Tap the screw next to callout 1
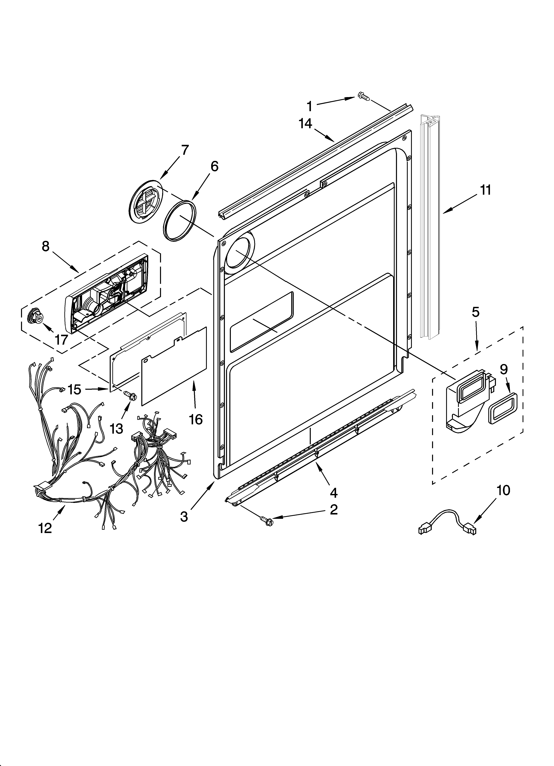[x=363, y=97]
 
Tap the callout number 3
[x=184, y=517]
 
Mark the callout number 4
[x=333, y=493]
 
